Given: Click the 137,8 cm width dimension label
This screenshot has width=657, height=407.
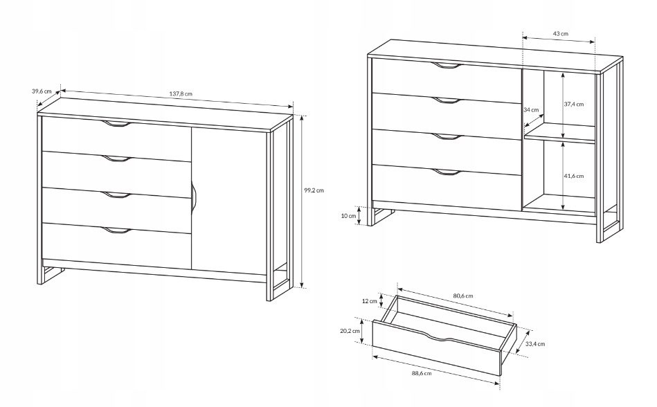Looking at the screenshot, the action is click(181, 94).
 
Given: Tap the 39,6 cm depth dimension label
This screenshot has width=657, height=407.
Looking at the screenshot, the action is click(42, 91).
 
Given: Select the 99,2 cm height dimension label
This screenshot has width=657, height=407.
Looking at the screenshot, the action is click(314, 190).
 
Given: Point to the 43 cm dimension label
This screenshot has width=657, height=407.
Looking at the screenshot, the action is click(561, 33).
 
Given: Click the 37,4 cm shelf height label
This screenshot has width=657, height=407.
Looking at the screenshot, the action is click(574, 105).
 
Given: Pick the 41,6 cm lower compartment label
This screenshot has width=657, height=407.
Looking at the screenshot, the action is click(574, 176).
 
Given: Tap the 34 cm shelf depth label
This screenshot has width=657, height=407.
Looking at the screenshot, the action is click(531, 109).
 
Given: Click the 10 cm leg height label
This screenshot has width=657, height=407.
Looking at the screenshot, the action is click(349, 216).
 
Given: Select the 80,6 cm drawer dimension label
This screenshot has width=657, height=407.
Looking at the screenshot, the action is click(463, 296).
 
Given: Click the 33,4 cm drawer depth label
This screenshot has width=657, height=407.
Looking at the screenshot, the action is click(535, 344).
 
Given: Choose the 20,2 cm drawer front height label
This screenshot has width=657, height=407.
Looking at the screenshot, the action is click(350, 330).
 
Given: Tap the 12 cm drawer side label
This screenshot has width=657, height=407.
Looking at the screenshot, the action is click(370, 301).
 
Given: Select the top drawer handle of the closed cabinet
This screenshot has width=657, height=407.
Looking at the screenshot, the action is click(117, 123).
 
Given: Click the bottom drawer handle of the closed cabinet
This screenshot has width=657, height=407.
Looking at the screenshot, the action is click(117, 230).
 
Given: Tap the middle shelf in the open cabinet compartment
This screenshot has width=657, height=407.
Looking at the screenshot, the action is click(559, 134).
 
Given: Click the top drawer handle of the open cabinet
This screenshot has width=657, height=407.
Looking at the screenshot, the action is click(447, 65).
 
